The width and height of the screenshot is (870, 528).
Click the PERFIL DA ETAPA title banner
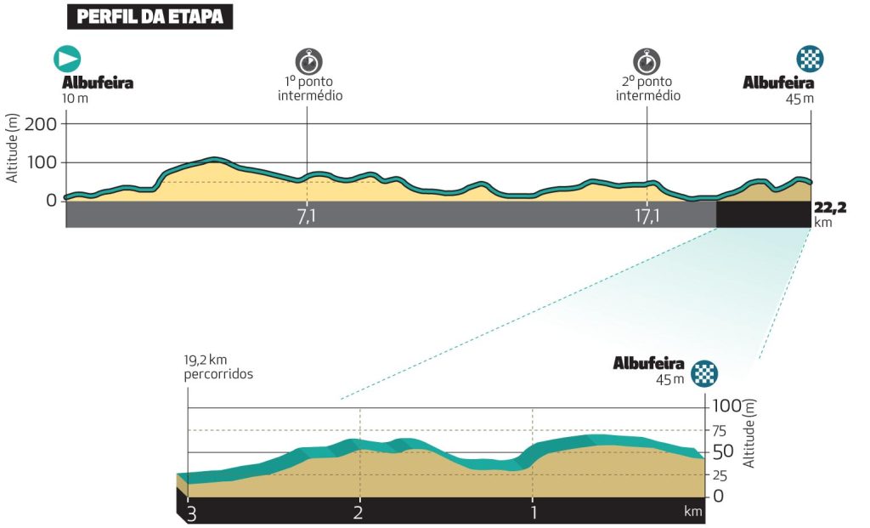pyautogui.click(x=149, y=16)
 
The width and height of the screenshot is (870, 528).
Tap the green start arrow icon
pyautogui.click(x=67, y=59)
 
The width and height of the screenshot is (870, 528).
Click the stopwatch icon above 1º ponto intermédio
pyautogui.click(x=308, y=61)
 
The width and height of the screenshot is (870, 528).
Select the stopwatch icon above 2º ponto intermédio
pyautogui.click(x=647, y=61)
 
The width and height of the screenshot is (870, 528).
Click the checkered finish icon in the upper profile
pyautogui.click(x=810, y=59)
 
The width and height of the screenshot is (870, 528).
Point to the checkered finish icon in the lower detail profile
pyautogui.click(x=704, y=372)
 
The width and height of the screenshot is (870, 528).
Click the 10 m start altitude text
pyautogui.click(x=75, y=98)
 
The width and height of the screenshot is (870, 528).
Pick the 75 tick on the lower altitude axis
pyautogui.click(x=720, y=429)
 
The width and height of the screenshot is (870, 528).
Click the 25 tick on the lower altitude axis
pyautogui.click(x=720, y=474)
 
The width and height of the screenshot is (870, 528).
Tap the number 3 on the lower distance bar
pyautogui.click(x=192, y=513)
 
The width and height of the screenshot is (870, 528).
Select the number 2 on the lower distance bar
pyautogui.click(x=359, y=513)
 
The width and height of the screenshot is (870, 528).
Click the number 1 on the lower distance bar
pyautogui.click(x=533, y=513)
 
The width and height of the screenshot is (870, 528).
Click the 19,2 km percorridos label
pyautogui.click(x=219, y=366)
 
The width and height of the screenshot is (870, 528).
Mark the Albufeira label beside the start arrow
pyautogui.click(x=98, y=83)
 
